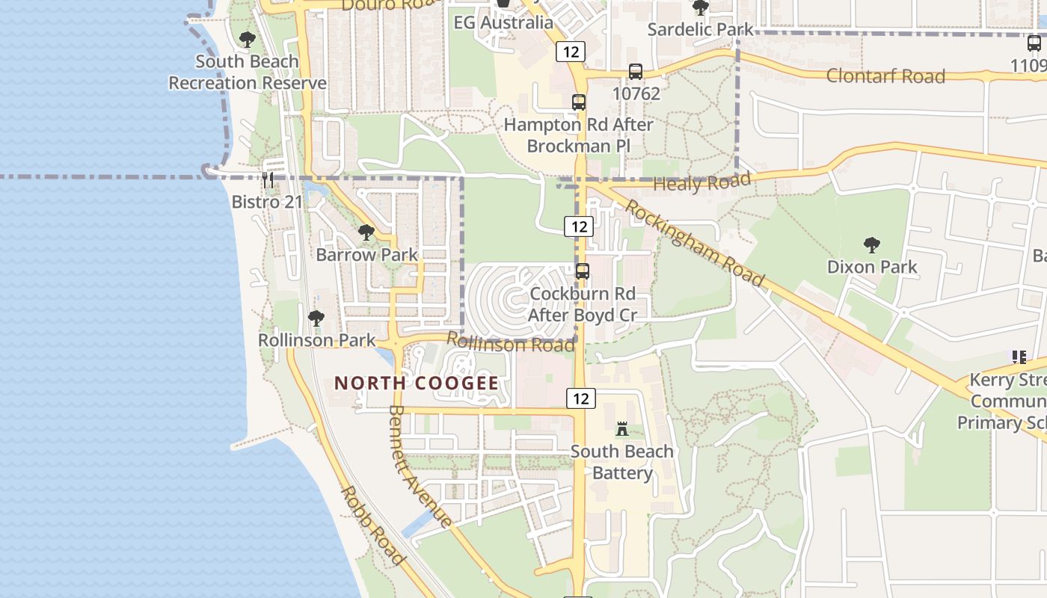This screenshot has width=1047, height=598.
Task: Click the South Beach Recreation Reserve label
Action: (x=247, y=73)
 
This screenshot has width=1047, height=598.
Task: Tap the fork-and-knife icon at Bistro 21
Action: (x=268, y=179)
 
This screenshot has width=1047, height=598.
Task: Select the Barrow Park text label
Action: (x=366, y=255)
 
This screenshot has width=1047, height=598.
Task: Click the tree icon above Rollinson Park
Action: (x=316, y=318)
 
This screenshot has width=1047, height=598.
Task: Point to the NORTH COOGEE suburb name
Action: (x=416, y=383)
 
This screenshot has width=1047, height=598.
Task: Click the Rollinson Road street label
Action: (x=511, y=343)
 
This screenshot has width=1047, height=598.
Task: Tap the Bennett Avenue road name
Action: (x=420, y=466)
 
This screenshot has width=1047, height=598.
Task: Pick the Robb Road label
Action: (x=373, y=525)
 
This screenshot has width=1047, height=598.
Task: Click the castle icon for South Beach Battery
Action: (x=621, y=429)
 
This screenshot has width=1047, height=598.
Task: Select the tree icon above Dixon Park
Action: (x=871, y=244)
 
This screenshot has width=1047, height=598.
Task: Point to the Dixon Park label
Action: (x=871, y=267)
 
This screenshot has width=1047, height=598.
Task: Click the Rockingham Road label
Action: (x=696, y=243)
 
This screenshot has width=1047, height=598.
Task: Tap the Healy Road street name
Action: (x=701, y=182)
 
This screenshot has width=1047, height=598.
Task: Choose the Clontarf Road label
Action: (x=885, y=76)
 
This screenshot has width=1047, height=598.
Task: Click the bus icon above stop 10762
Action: (x=636, y=72)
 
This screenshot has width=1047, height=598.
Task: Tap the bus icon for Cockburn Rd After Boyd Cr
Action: (x=583, y=271)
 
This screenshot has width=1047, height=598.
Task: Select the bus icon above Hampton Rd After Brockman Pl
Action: (x=578, y=102)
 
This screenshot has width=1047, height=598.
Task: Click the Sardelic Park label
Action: (x=701, y=30)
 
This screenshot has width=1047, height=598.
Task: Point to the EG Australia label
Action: (x=503, y=22)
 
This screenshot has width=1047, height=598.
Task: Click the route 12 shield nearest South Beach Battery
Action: (x=581, y=398)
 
